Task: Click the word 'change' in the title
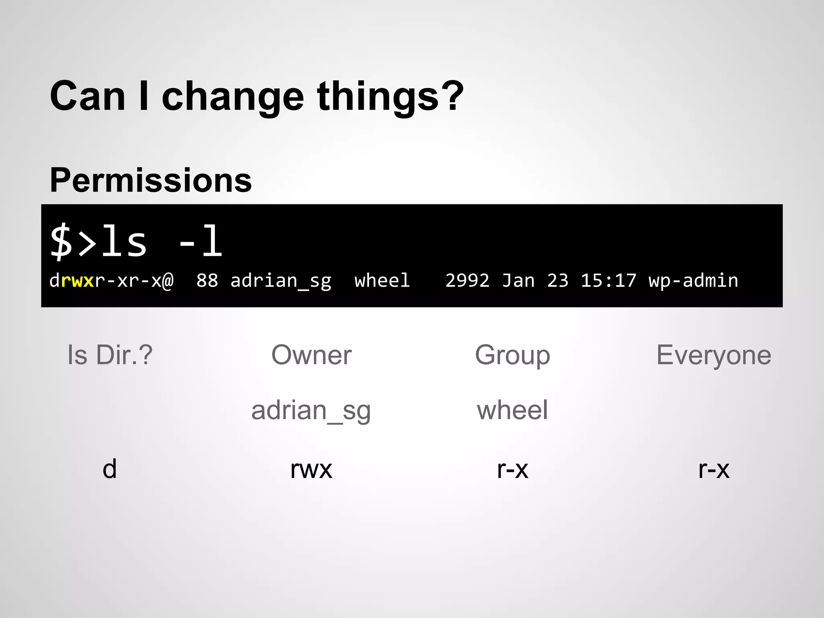233,97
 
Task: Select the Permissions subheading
150,180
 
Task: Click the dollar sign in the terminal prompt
61,241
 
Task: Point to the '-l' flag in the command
200,241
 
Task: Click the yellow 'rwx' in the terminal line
77,280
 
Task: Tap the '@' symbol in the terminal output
168,280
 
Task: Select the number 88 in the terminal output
207,280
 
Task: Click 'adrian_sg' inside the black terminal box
280,280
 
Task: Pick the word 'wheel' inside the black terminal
382,280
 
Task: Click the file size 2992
467,280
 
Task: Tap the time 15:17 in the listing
608,280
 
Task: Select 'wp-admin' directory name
693,280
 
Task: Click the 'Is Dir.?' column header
110,355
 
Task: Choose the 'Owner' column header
311,355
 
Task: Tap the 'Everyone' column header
714,355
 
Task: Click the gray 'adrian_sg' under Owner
311,410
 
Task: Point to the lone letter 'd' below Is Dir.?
109,469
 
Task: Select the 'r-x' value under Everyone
714,469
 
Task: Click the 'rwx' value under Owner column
311,469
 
